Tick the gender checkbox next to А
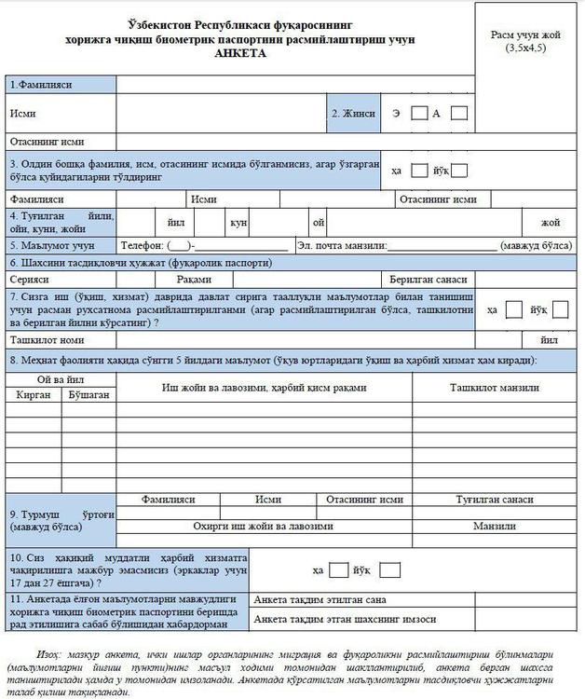[458, 114]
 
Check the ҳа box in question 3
[419, 171]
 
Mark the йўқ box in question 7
[560, 309]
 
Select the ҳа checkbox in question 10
[339, 569]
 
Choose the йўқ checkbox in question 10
[390, 569]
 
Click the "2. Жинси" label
[353, 114]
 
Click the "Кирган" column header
[35, 395]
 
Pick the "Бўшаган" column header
[88, 395]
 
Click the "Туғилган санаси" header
[494, 500]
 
